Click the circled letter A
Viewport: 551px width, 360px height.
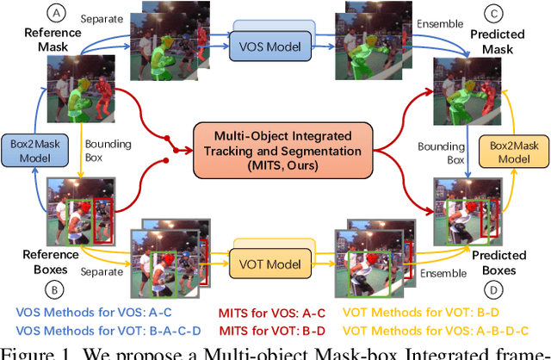pyautogui.click(x=58, y=14)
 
